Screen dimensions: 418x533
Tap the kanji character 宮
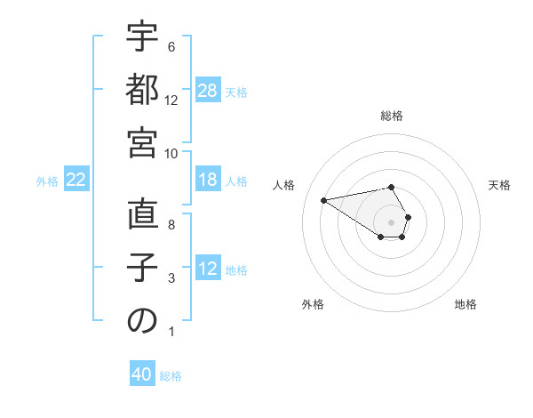pyautogui.click(x=142, y=142)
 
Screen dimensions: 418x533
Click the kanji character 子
pyautogui.click(x=142, y=268)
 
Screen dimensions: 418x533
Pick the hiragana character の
pyautogui.click(x=142, y=321)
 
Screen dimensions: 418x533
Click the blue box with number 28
pyautogui.click(x=208, y=90)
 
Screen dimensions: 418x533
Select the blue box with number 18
pyautogui.click(x=208, y=180)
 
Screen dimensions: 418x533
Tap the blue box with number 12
pyautogui.click(x=208, y=269)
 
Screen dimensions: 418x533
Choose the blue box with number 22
pyautogui.click(x=76, y=180)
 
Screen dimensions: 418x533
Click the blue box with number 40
pyautogui.click(x=142, y=374)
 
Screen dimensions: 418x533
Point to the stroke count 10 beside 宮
pyautogui.click(x=171, y=153)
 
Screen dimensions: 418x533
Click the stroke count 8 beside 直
pyautogui.click(x=171, y=225)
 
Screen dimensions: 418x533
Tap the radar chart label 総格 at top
pyautogui.click(x=392, y=116)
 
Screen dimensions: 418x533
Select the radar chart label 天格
pyautogui.click(x=499, y=185)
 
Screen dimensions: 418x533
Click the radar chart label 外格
pyautogui.click(x=313, y=304)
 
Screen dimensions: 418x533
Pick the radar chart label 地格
pyautogui.click(x=465, y=304)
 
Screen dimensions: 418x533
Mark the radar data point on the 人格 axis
pyautogui.click(x=323, y=199)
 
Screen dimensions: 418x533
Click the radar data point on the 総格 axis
pyautogui.click(x=392, y=187)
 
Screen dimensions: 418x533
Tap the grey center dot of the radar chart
pyautogui.click(x=392, y=221)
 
